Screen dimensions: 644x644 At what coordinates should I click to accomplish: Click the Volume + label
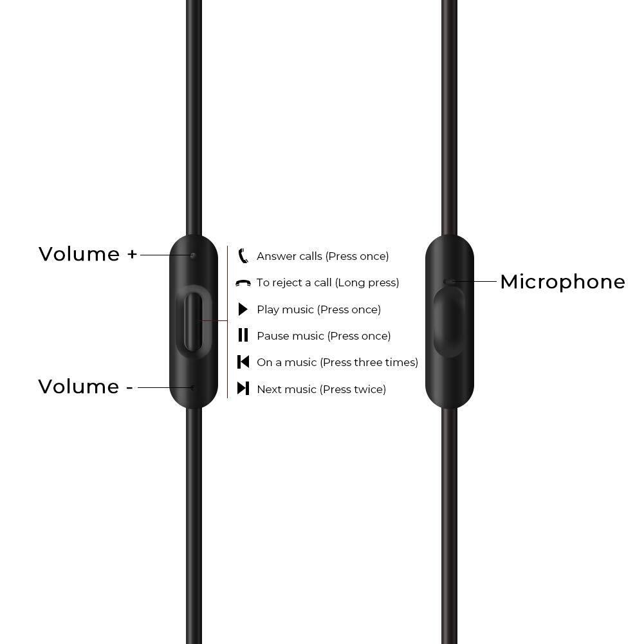point(88,254)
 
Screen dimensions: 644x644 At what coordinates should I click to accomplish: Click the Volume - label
point(86,387)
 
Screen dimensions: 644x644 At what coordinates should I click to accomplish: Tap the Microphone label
point(562,282)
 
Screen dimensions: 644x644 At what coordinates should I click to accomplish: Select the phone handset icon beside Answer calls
point(243,255)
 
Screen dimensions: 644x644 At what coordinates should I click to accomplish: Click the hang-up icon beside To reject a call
point(243,283)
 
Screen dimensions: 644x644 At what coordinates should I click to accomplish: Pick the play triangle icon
point(243,309)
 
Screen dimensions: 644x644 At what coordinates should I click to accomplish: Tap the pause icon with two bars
point(243,335)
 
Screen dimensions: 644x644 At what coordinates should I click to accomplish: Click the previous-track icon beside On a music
point(243,362)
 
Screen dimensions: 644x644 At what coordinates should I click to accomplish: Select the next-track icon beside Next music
point(243,389)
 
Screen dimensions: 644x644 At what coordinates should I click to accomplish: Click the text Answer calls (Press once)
point(322,256)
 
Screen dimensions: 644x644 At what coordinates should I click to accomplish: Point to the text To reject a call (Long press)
point(327,282)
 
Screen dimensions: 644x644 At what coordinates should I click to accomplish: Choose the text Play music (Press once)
point(318,309)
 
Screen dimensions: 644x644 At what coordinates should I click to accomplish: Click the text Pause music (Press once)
point(324,336)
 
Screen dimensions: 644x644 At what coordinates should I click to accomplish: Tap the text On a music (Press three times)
point(337,362)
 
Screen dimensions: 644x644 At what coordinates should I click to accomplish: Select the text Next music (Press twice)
point(321,389)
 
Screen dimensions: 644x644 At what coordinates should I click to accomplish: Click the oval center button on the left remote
point(193,321)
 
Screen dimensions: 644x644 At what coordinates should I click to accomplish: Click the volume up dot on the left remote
point(193,255)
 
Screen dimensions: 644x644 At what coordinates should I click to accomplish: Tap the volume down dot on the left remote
point(193,387)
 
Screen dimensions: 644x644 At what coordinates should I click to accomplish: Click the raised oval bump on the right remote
point(448,322)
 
